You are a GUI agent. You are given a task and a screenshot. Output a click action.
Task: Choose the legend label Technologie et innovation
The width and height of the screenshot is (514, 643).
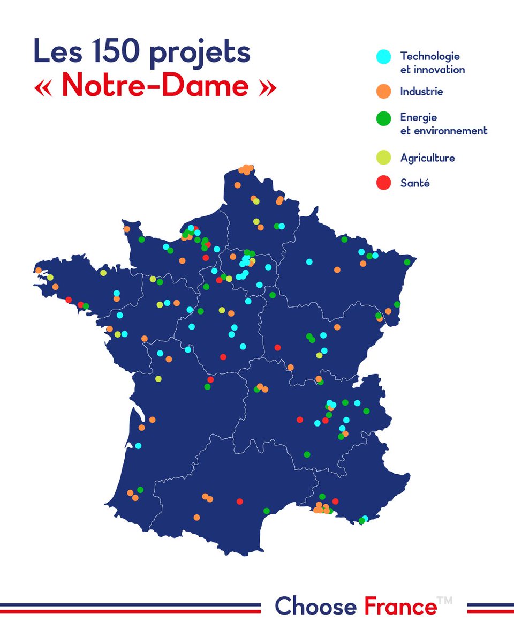432,63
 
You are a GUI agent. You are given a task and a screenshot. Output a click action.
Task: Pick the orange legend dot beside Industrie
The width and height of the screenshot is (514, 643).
383,92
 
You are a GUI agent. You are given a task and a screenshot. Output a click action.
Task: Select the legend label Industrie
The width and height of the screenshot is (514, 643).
421,92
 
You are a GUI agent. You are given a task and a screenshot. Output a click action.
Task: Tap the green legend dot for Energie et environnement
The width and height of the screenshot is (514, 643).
383,119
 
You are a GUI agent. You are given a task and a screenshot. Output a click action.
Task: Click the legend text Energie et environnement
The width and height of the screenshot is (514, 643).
443,124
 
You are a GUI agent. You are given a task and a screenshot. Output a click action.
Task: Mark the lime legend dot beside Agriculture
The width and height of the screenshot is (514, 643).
383,158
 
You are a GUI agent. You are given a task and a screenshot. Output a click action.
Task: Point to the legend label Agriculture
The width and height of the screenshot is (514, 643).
427,158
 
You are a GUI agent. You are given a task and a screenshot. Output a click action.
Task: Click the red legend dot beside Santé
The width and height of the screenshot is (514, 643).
383,183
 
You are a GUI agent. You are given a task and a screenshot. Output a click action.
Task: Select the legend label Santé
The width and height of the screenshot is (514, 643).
415,183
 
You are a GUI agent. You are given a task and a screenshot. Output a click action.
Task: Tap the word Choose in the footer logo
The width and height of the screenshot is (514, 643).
315,607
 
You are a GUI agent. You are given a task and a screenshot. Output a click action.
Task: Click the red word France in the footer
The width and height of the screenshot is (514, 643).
400,607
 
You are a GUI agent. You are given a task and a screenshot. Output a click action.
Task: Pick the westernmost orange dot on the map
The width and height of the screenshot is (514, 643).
39,270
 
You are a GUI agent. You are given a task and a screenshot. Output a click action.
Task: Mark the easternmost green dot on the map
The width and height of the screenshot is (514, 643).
407,262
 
